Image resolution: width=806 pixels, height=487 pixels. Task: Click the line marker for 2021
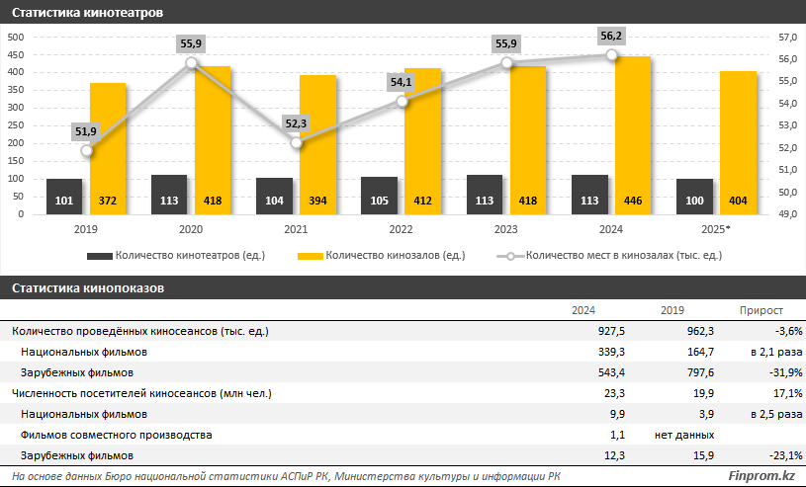(296, 142)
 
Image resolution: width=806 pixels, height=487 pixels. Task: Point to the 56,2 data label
(611, 36)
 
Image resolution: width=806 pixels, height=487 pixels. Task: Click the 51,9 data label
(87, 130)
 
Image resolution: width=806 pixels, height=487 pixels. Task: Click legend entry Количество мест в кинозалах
(623, 256)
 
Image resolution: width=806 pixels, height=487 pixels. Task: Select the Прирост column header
(761, 310)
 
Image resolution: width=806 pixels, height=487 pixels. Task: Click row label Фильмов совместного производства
(116, 435)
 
